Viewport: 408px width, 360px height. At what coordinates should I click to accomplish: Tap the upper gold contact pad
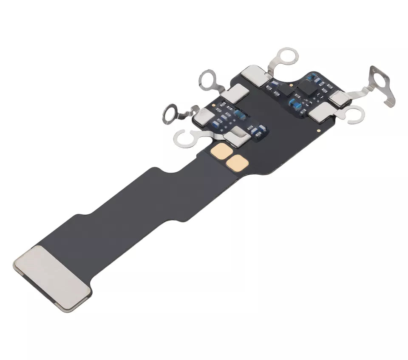(x=222, y=150)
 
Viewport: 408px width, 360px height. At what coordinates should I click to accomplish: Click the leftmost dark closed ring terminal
(x=172, y=113)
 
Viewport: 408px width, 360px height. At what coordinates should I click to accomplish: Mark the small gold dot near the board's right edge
(x=318, y=130)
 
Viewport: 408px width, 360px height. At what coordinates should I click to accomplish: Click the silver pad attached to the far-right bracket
(x=340, y=99)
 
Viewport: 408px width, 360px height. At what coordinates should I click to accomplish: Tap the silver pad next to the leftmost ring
(x=204, y=116)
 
